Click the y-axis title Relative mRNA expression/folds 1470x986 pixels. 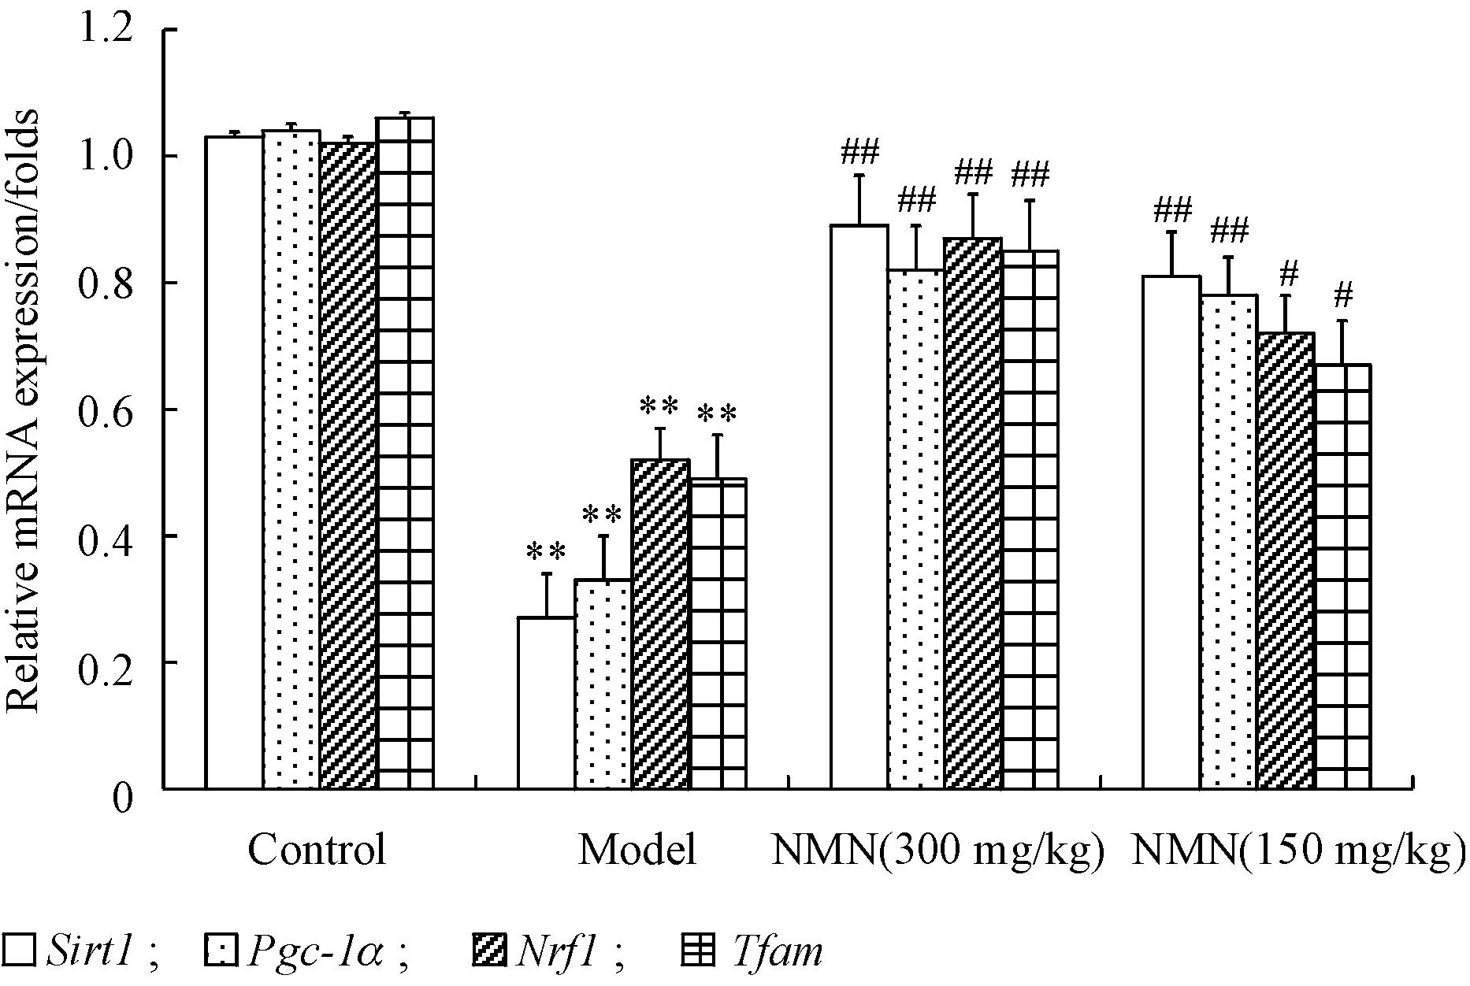click(x=24, y=410)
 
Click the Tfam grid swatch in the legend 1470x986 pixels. click(x=697, y=951)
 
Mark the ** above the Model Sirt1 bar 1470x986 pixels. click(x=546, y=552)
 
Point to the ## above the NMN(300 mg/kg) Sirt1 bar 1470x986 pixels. click(x=859, y=152)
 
